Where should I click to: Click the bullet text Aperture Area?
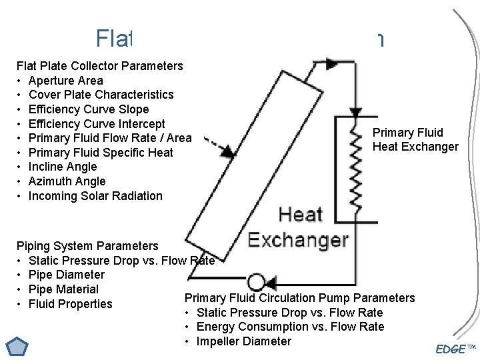click(x=66, y=81)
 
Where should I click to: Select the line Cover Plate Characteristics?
click(x=101, y=95)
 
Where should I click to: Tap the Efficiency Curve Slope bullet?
click(x=89, y=109)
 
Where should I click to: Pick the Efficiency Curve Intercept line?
click(x=97, y=124)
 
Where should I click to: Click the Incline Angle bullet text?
click(x=63, y=167)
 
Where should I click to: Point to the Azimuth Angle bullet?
click(x=67, y=181)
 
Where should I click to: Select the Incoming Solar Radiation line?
click(x=95, y=196)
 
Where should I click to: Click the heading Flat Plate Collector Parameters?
click(x=99, y=66)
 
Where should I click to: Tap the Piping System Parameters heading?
click(x=87, y=246)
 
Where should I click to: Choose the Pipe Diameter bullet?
click(x=67, y=275)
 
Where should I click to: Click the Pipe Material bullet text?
click(x=63, y=289)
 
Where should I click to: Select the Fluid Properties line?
click(x=71, y=304)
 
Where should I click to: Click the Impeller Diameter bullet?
click(x=243, y=341)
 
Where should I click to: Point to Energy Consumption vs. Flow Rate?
click(x=290, y=327)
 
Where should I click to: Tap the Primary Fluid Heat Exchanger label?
click(x=415, y=139)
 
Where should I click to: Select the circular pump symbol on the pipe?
click(x=256, y=282)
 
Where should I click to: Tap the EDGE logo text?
click(x=451, y=349)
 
